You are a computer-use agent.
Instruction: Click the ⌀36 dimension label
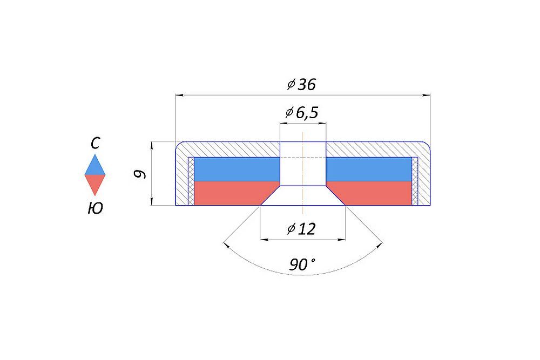click(x=301, y=84)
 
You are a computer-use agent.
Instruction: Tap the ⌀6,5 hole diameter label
click(x=302, y=113)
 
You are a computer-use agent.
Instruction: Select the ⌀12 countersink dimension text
click(x=301, y=228)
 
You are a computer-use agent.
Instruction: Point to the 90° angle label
click(x=302, y=264)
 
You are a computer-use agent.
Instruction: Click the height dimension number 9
click(x=140, y=174)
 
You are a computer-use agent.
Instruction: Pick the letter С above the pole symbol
click(x=96, y=143)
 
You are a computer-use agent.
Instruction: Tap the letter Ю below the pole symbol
click(x=95, y=208)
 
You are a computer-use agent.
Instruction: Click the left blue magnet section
click(x=237, y=169)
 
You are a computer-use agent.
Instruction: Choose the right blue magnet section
click(x=369, y=169)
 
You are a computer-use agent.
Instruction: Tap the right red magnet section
click(x=374, y=193)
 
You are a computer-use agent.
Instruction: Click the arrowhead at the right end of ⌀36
click(x=427, y=96)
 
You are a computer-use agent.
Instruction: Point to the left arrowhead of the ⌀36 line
click(x=179, y=96)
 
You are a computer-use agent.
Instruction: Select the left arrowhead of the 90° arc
click(x=226, y=245)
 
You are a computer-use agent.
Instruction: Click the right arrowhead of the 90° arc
click(x=379, y=245)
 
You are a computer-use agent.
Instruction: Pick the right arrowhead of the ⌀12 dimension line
click(x=342, y=240)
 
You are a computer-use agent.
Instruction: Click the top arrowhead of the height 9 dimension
click(x=152, y=145)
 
